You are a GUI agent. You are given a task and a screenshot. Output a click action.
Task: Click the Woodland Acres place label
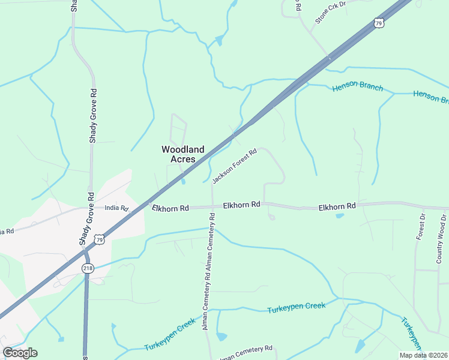[182, 154]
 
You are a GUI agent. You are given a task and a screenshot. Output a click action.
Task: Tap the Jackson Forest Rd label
[235, 166]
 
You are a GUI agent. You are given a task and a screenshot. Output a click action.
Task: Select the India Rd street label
[117, 208]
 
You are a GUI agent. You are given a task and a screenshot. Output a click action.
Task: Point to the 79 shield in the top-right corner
[378, 23]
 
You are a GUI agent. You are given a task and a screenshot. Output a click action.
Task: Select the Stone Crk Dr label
[331, 11]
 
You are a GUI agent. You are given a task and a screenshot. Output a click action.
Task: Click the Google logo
[20, 353]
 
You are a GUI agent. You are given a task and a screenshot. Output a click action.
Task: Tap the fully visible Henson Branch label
[358, 88]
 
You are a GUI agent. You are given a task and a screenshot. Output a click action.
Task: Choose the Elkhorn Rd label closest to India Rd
[170, 208]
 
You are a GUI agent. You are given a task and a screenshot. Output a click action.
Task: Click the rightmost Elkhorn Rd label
[337, 206]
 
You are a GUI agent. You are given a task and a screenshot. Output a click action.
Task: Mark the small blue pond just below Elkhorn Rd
[340, 215]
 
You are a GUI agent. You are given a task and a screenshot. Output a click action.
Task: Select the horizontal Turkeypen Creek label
[296, 306]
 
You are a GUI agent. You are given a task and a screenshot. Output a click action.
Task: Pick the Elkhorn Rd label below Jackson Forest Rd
[241, 205]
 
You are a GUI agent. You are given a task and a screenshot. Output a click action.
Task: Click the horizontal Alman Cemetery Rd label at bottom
[246, 353]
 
